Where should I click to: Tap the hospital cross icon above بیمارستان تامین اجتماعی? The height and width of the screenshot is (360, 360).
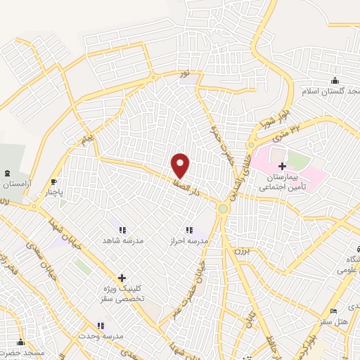coord(283,167)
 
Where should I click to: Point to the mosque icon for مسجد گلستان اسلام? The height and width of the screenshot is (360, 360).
coord(335,81)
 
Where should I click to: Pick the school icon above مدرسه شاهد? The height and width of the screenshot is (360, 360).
coord(122,230)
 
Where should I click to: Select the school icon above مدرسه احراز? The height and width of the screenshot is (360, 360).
coord(188,230)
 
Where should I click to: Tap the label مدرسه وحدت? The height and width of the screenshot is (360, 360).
coord(101,336)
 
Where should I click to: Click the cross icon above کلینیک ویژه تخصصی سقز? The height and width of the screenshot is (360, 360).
coord(122,278)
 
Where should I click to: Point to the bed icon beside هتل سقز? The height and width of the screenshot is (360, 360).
coord(333,311)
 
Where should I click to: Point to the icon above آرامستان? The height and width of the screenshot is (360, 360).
coord(8,173)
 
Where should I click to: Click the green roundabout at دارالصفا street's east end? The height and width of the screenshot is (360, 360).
coord(224,208)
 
